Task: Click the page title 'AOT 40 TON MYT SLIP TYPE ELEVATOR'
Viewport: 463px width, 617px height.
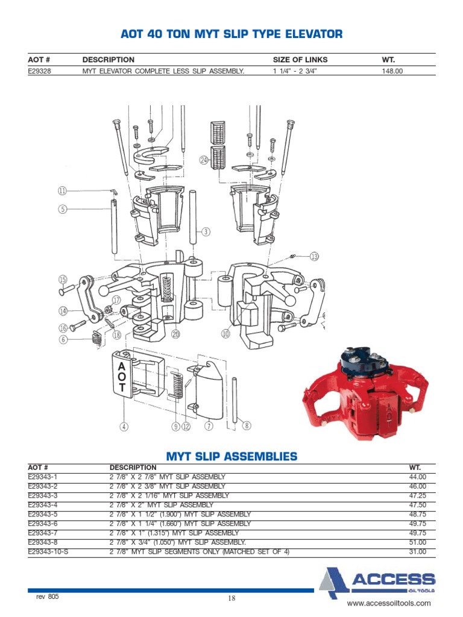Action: (x=231, y=34)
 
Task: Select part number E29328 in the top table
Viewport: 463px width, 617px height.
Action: (x=40, y=70)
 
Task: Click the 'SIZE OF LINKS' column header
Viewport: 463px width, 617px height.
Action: (x=300, y=60)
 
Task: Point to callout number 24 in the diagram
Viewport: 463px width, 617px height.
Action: (x=204, y=160)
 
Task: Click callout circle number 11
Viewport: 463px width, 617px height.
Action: (x=63, y=191)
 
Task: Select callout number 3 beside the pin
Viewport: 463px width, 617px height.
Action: (x=206, y=231)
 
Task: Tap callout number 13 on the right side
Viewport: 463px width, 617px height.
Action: (x=314, y=257)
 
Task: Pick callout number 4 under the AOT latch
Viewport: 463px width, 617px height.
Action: (x=124, y=427)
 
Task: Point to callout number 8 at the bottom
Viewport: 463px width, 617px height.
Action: (x=246, y=426)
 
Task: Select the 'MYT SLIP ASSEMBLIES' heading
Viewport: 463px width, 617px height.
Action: (x=231, y=456)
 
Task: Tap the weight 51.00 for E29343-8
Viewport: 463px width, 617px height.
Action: (x=417, y=542)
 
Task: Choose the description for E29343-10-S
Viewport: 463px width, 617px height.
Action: (x=200, y=551)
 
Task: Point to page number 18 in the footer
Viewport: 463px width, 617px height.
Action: (x=231, y=598)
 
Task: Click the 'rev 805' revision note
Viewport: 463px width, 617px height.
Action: (x=48, y=597)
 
